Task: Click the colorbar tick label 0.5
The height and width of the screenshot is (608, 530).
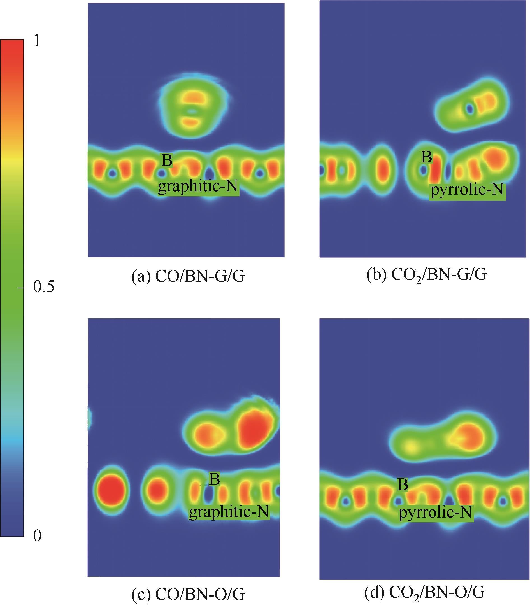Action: coord(44,287)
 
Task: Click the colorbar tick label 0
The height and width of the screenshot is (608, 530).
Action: coord(37,535)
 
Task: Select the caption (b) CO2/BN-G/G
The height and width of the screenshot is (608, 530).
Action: coord(426,276)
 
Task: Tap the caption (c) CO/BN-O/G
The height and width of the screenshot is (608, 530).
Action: coord(188,594)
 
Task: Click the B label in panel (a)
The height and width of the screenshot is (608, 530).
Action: coord(166,160)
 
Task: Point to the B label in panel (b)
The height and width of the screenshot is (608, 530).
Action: coord(426,157)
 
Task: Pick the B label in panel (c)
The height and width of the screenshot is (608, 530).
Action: coord(214,479)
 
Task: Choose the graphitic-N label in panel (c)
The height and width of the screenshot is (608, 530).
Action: coord(229,512)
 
